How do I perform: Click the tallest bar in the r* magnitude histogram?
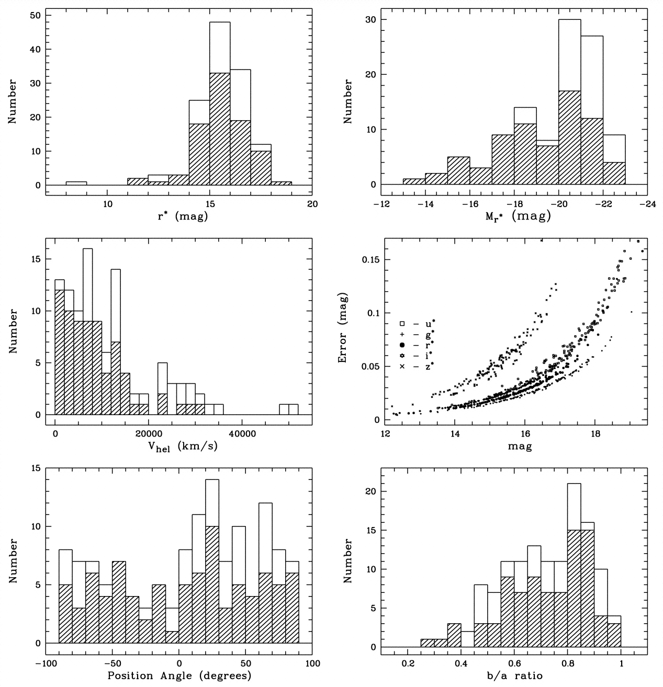pos(220,105)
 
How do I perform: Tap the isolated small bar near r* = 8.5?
pos(76,183)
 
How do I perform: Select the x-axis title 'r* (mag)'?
pos(179,216)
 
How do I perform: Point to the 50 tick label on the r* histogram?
pos(35,15)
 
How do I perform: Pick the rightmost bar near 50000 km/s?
pos(294,409)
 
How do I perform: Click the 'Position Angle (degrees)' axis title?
pos(179,675)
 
